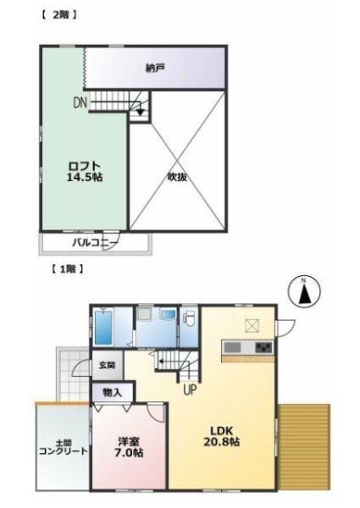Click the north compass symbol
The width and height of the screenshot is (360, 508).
[x=304, y=291]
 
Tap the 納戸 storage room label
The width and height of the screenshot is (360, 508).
[x=155, y=69]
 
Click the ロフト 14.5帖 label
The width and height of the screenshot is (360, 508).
[x=85, y=172]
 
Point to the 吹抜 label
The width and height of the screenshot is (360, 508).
[x=177, y=177]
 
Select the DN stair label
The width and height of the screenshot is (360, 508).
[x=80, y=103]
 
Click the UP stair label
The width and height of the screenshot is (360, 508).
[x=190, y=389]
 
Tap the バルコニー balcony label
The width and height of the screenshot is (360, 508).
[x=95, y=242]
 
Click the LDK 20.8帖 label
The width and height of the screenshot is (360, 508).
[x=222, y=436]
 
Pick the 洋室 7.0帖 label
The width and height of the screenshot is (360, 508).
[x=130, y=447]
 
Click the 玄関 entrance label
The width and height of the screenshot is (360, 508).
[x=107, y=366]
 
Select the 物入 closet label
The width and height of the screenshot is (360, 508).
[x=112, y=393]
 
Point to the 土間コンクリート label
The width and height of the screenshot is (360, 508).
[x=64, y=448]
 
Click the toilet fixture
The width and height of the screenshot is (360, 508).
[x=188, y=317]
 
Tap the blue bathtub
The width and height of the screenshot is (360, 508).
[x=103, y=327]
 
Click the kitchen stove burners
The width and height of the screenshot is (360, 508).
[x=263, y=348]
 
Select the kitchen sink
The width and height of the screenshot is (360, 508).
[x=233, y=348]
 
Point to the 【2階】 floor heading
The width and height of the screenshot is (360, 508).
[x=59, y=14]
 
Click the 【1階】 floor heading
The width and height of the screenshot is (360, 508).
[x=67, y=269]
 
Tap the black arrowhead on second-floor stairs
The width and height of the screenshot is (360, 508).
[x=140, y=112]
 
